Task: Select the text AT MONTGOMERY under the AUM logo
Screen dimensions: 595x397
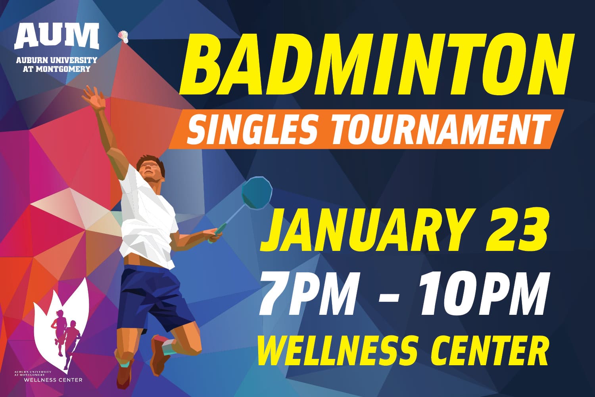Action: coord(56,69)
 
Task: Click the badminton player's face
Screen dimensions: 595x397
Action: coord(150,170)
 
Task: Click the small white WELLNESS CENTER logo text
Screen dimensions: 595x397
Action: coord(53,380)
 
